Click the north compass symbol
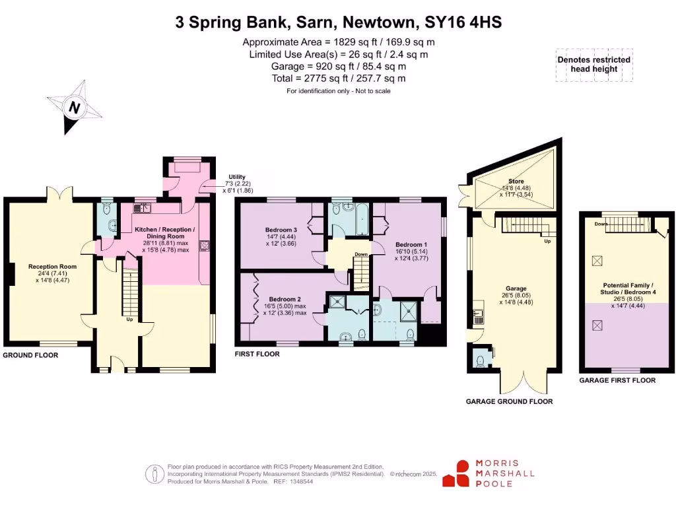click(75, 108)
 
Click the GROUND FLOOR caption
click(30, 355)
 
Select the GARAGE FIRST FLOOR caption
click(617, 380)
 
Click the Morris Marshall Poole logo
click(489, 473)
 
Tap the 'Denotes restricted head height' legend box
click(593, 64)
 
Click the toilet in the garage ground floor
click(480, 360)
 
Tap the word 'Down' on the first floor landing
click(361, 254)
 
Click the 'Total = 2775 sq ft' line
click(338, 78)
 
